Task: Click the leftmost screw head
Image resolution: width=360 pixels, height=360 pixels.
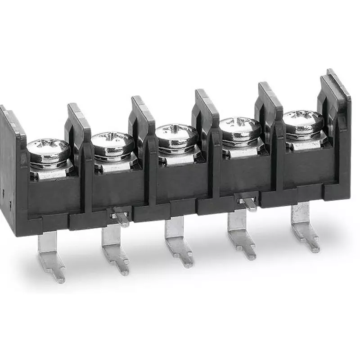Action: coord(48,150)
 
